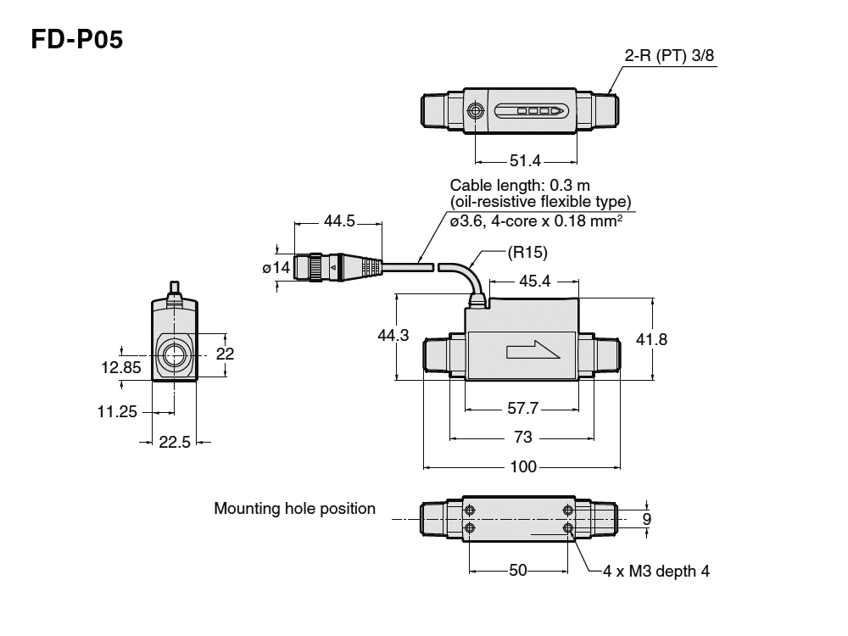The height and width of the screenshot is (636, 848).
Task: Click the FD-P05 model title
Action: coord(77,40)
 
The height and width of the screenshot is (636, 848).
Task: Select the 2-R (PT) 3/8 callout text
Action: coord(671,56)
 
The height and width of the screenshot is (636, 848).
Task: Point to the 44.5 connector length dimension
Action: coord(339,221)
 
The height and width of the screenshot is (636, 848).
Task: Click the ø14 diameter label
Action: coord(276,268)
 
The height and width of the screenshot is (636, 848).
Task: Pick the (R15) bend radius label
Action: coord(527,252)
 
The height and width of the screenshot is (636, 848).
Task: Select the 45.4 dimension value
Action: coord(534,281)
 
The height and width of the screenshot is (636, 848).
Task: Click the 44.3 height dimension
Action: coord(393,336)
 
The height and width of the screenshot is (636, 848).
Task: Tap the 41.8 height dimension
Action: coord(651,339)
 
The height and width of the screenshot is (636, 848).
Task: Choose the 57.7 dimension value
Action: coord(523,409)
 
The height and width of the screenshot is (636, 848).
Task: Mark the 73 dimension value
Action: coord(523,437)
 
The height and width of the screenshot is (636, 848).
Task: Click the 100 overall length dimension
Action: coord(523,466)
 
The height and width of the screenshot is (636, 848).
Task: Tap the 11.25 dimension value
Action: coord(117,411)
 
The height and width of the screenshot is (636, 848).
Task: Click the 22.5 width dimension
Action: coord(175,442)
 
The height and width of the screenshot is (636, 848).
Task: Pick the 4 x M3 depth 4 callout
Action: coord(656,571)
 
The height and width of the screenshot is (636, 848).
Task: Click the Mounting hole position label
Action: coord(294,509)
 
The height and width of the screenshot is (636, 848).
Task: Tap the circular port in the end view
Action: coord(176,355)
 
